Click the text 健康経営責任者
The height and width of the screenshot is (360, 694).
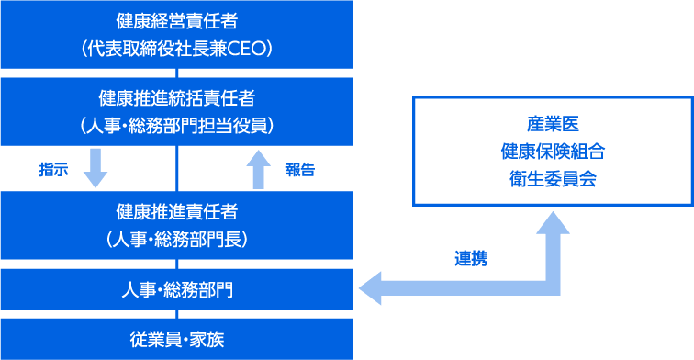(x=176, y=19)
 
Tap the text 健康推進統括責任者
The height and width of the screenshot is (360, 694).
(x=176, y=96)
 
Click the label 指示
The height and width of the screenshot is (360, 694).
(x=53, y=170)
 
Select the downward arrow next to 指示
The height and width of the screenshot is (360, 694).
(x=95, y=168)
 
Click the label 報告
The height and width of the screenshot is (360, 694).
(x=299, y=170)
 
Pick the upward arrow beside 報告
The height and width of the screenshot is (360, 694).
(x=258, y=169)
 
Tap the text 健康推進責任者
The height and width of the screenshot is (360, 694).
(x=176, y=211)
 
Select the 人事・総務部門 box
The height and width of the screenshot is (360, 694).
(x=176, y=290)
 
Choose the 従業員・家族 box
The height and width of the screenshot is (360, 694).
(x=176, y=340)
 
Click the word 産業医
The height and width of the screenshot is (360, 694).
(x=553, y=123)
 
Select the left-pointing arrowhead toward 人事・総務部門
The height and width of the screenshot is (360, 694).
(x=370, y=288)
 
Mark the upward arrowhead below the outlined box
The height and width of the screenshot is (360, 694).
(x=553, y=223)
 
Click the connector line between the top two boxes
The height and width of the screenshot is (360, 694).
(x=176, y=73)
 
